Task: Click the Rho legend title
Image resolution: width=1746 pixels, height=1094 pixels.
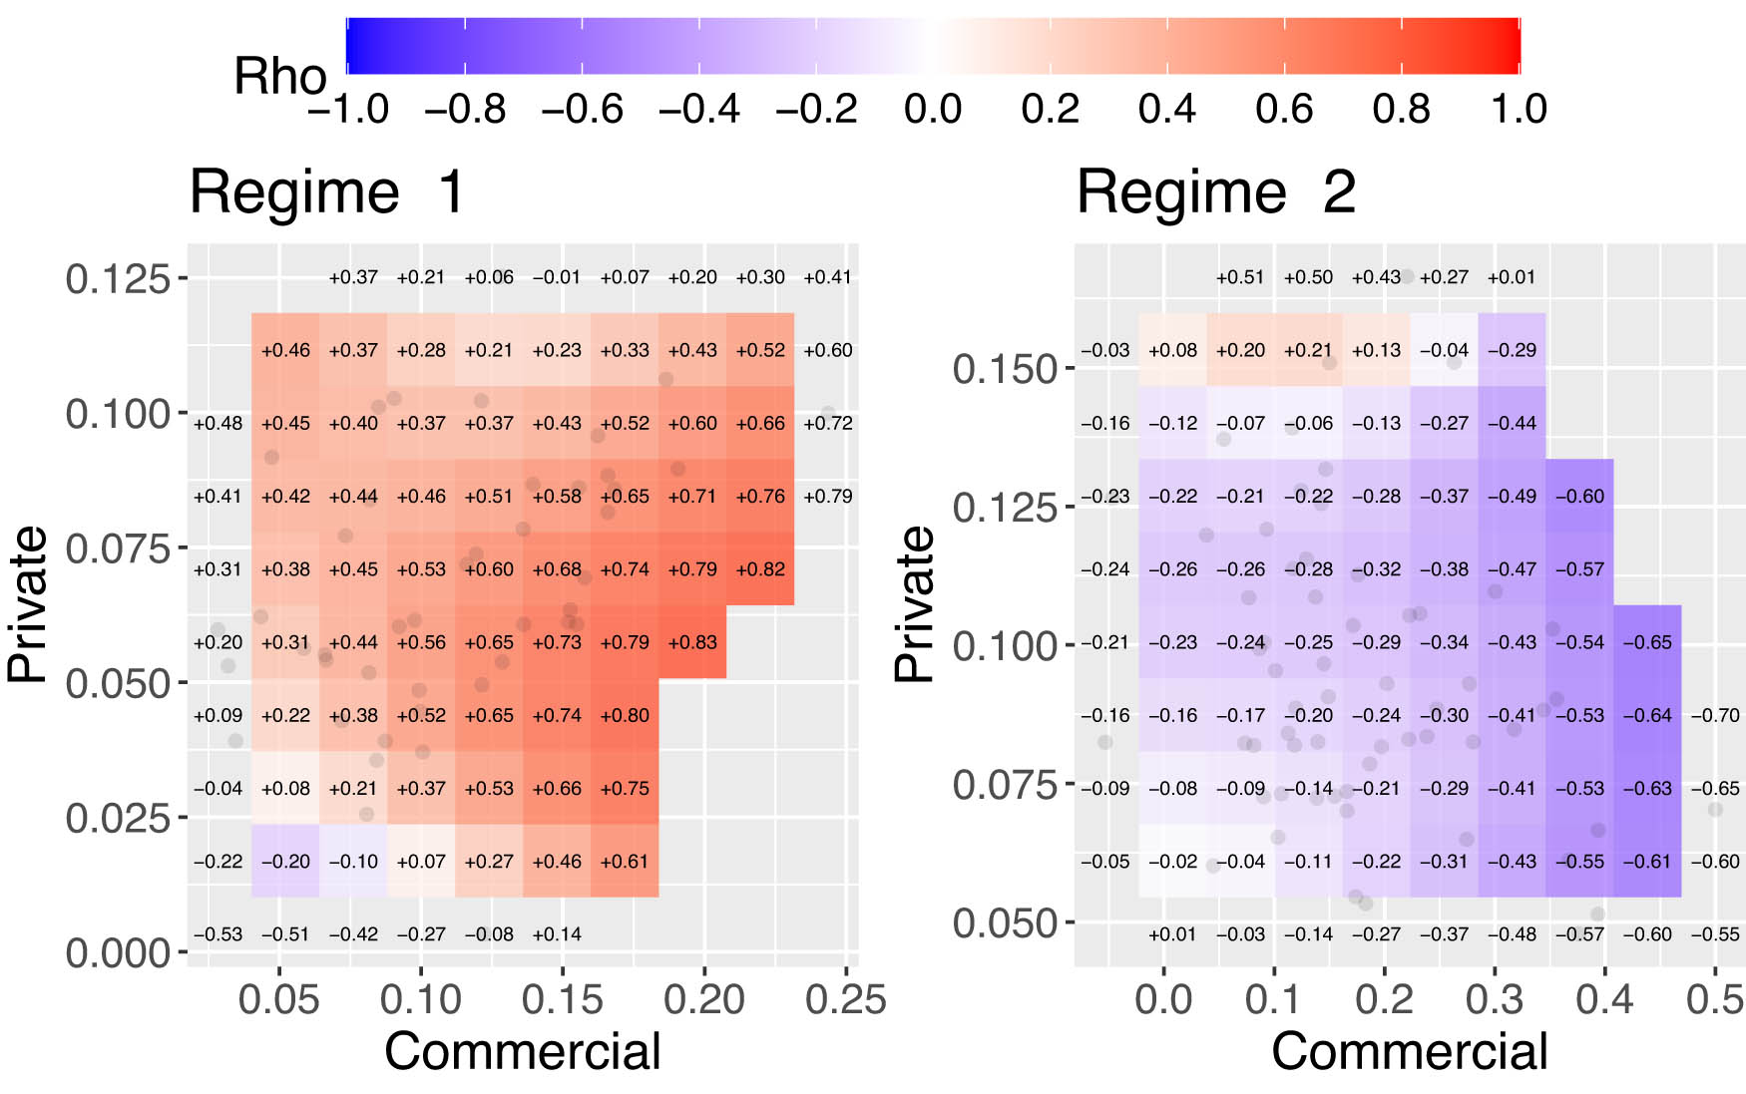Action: pos(279,77)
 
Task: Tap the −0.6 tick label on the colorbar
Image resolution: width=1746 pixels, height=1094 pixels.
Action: pos(582,109)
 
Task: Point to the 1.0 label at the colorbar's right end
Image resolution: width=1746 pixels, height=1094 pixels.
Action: pos(1518,109)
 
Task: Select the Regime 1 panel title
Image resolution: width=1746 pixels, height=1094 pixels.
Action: pos(327,191)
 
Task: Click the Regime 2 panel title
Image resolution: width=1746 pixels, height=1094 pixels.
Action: pos(1215,191)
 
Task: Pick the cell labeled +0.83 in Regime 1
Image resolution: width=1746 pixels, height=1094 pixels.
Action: pos(692,642)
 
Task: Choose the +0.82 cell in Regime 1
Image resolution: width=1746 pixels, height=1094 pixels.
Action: pos(760,569)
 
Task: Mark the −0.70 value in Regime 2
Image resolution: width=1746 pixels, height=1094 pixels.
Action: pos(1715,715)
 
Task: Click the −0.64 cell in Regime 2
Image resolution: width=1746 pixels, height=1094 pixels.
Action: pos(1647,715)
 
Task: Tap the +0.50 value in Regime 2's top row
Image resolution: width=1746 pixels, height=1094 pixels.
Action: pos(1308,277)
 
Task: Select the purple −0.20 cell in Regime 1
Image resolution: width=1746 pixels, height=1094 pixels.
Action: pos(285,862)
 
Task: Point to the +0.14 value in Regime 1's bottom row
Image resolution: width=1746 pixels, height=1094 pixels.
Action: pos(557,934)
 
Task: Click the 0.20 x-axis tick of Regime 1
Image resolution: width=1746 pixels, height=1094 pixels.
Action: pos(704,998)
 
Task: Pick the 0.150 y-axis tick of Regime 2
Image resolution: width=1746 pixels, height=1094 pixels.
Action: pos(1005,369)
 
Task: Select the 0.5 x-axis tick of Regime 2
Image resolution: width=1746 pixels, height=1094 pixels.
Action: pos(1715,998)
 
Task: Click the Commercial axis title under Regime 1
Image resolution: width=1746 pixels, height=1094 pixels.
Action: pos(522,1051)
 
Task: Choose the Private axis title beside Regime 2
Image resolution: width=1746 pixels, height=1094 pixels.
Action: pos(914,603)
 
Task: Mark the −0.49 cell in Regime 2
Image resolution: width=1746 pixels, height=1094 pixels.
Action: pos(1512,497)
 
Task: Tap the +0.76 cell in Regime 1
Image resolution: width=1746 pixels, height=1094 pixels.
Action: pos(760,497)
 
